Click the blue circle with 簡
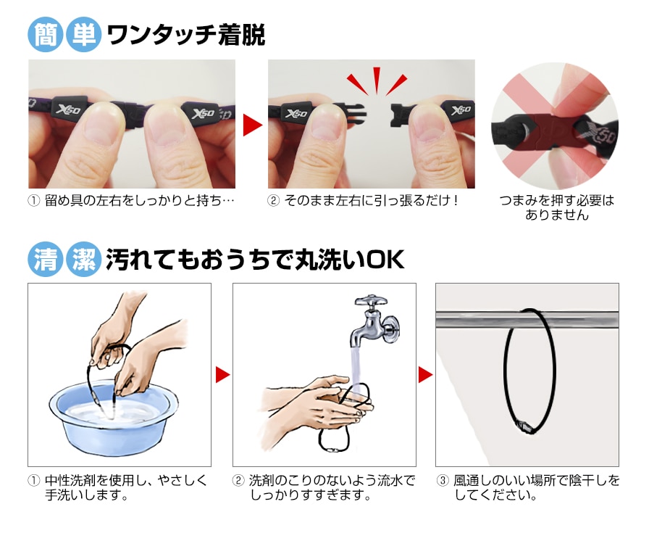(x=45, y=35)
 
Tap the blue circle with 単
(x=83, y=35)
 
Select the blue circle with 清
(x=45, y=260)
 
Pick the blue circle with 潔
(x=83, y=260)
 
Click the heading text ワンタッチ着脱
(x=186, y=36)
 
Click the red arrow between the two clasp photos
(x=253, y=125)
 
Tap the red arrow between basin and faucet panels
(x=222, y=375)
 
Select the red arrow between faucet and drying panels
(x=425, y=375)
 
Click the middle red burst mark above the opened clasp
(x=377, y=80)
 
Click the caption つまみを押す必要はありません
(x=557, y=207)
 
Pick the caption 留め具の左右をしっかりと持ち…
(x=140, y=201)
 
